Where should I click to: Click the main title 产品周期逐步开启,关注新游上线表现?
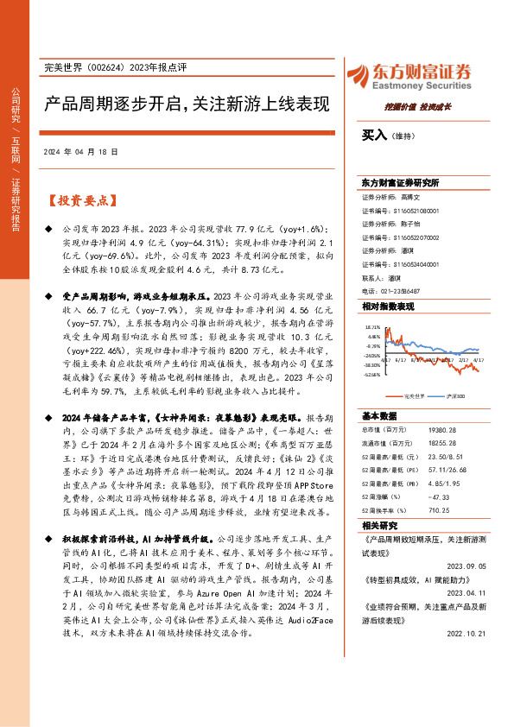tap(187, 104)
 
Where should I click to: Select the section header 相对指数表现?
tap(388, 306)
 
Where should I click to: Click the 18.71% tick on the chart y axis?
tap(372, 328)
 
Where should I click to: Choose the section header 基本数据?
tap(380, 414)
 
